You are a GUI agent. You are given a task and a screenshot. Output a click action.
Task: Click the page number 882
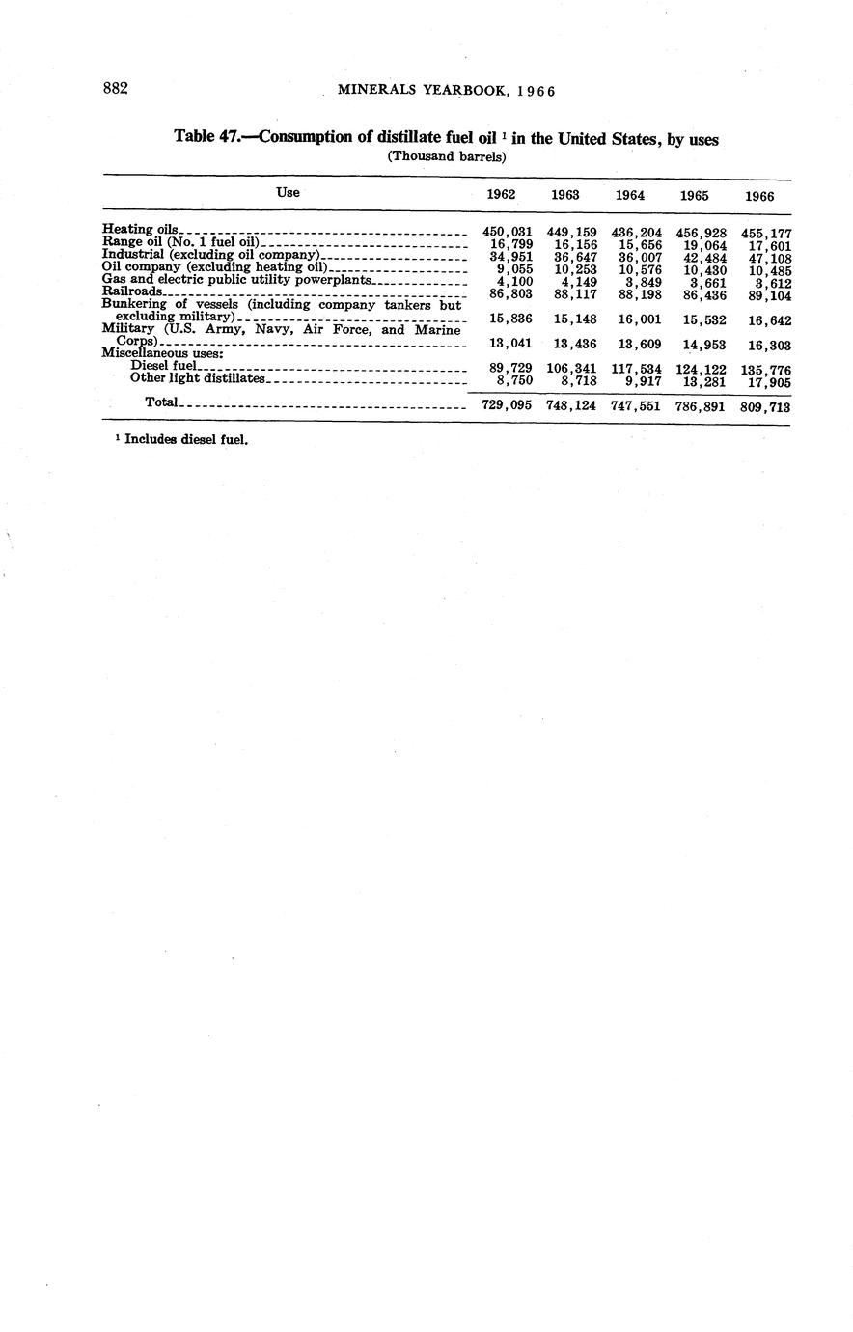[116, 89]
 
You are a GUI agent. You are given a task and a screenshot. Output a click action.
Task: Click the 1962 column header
[501, 194]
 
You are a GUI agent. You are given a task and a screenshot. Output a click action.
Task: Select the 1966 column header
[759, 196]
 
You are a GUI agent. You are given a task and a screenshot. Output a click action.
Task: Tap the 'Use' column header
[288, 192]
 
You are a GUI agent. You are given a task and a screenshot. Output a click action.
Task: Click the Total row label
[161, 402]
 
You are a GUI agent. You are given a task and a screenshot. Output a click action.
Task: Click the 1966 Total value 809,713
[766, 407]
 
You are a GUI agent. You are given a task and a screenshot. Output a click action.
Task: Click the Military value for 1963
[571, 345]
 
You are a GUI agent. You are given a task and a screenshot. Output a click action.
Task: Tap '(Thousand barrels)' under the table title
[447, 156]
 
